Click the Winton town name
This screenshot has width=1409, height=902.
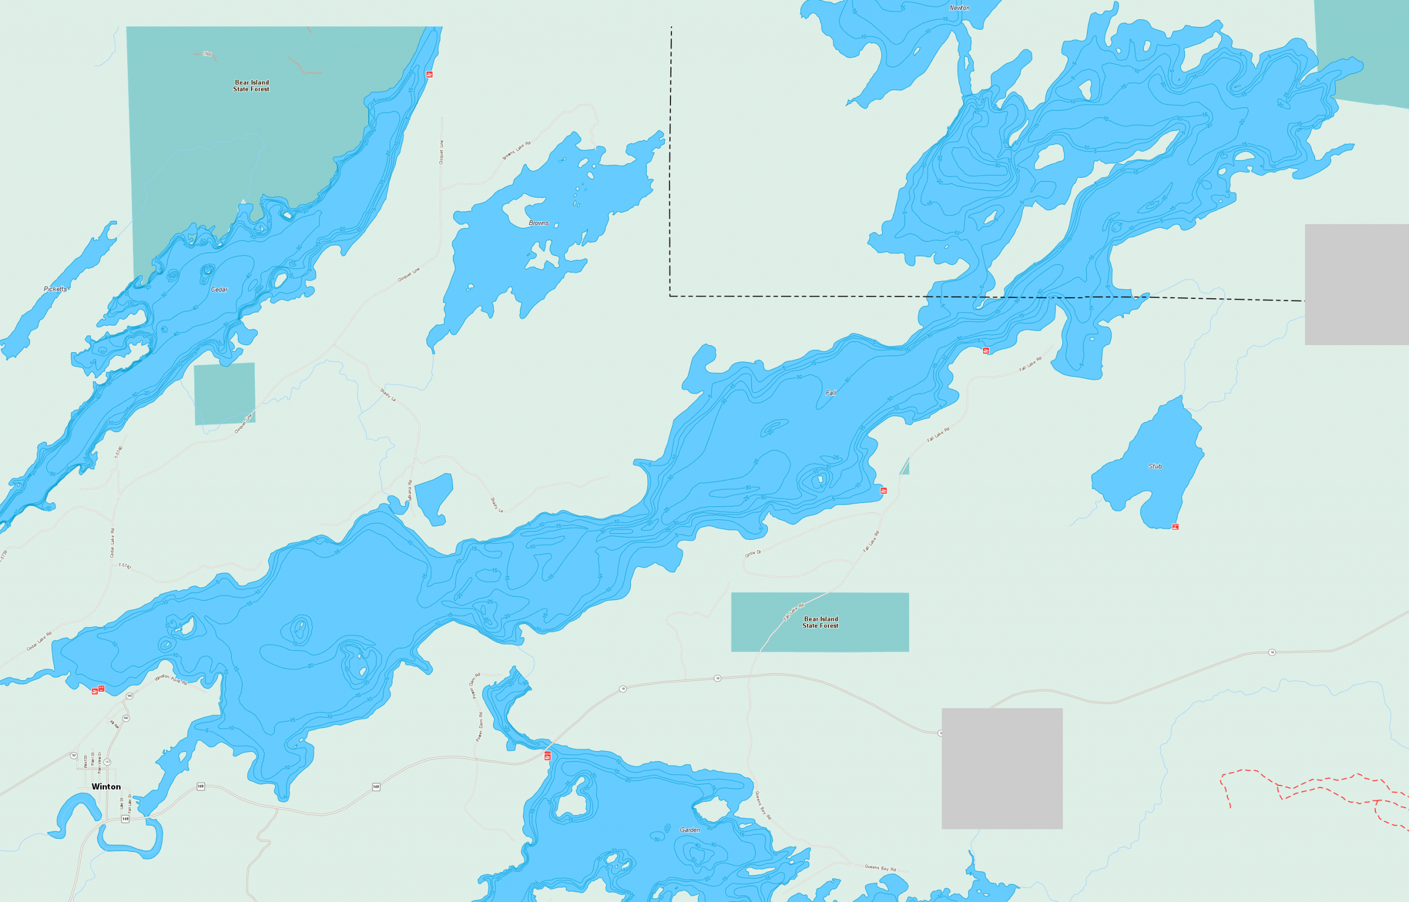(x=106, y=786)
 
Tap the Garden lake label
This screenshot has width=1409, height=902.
(x=690, y=830)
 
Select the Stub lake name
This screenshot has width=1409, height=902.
(x=1155, y=466)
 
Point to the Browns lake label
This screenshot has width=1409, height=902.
(x=539, y=223)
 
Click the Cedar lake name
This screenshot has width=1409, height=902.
(x=219, y=289)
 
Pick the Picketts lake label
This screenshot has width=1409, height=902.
(x=55, y=289)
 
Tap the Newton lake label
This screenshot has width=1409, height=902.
(x=959, y=8)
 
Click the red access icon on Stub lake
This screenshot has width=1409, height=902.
(x=1175, y=527)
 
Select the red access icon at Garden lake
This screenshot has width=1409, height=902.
(x=548, y=756)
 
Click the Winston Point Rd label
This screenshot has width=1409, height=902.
(x=171, y=680)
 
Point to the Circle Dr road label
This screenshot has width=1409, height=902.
(x=752, y=553)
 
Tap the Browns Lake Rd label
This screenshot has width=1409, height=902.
(x=516, y=151)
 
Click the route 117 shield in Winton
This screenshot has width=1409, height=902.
(x=107, y=762)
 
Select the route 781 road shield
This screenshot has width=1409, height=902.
(x=74, y=756)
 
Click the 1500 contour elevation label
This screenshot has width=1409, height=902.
(x=207, y=54)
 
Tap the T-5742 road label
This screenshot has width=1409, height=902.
(x=125, y=566)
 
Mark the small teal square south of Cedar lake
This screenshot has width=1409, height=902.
(x=225, y=393)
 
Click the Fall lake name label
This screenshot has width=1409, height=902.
(x=831, y=393)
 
